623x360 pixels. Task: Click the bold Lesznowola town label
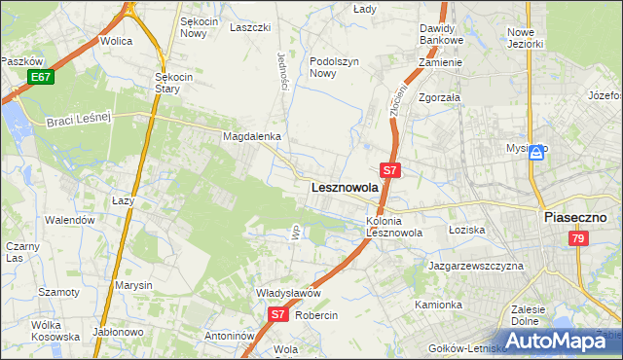[x=344, y=188]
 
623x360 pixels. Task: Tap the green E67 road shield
[x=40, y=77]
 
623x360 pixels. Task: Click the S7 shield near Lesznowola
[x=389, y=170]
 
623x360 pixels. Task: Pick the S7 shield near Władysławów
[x=277, y=314]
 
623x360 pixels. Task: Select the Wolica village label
[x=116, y=42]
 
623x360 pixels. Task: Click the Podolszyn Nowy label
[x=337, y=66]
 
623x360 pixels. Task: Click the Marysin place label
[x=133, y=285]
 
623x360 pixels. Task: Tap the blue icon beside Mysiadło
[x=536, y=151]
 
